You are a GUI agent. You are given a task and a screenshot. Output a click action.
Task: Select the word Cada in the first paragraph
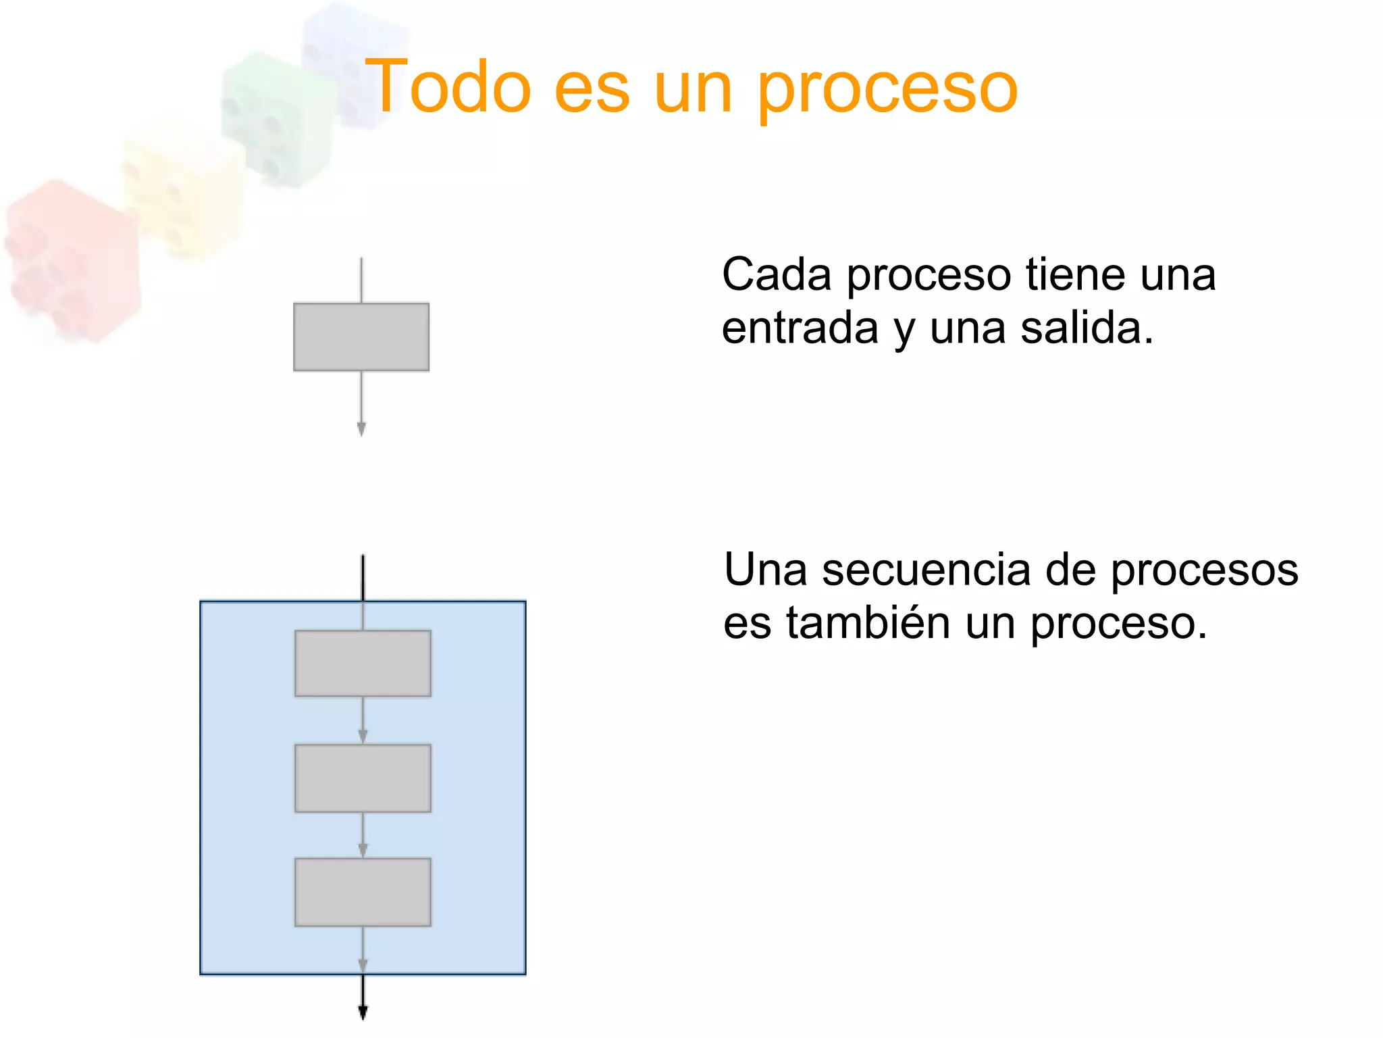(776, 275)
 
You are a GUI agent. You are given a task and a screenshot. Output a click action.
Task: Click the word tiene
(1076, 275)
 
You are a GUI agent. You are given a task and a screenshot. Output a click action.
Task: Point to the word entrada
(800, 329)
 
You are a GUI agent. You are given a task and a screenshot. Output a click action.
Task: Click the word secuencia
(926, 570)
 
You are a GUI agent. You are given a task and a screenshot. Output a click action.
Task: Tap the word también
(868, 623)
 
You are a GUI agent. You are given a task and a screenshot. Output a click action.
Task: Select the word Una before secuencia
(764, 570)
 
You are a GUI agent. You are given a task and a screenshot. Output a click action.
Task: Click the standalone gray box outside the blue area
(361, 337)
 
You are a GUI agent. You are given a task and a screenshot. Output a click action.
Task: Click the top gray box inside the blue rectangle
(363, 663)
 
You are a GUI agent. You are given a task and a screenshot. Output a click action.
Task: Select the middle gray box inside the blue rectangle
(363, 778)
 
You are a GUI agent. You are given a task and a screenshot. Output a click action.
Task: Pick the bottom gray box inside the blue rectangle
(363, 891)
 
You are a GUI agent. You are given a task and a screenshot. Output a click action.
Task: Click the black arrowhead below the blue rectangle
(363, 1012)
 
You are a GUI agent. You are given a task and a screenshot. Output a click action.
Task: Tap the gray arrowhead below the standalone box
(361, 428)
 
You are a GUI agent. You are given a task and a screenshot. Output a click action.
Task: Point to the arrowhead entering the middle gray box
(363, 736)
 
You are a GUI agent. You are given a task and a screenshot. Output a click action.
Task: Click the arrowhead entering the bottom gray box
(363, 849)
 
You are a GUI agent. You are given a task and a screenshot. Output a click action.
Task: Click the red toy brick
(71, 260)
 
